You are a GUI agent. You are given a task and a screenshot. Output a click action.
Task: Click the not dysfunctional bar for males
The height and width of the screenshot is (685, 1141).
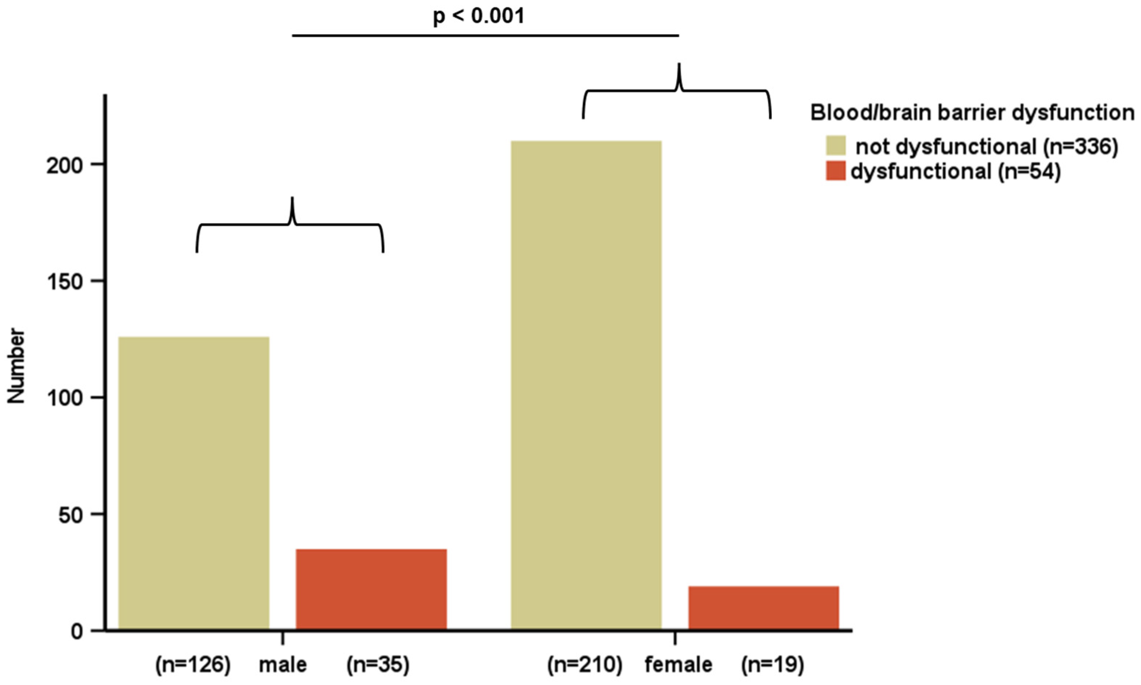coord(194,483)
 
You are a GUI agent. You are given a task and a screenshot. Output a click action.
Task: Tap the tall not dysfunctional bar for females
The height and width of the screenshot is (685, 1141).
coord(586,385)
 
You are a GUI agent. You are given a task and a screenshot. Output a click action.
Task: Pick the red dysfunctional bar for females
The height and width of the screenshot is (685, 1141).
coord(763,607)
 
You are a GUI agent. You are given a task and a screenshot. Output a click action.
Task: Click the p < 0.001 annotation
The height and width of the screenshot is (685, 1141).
coord(478,17)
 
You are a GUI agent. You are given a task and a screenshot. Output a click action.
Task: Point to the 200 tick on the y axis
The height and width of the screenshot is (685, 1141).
coord(70,166)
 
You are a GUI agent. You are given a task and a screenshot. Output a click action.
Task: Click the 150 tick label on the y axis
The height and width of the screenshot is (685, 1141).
coord(70,282)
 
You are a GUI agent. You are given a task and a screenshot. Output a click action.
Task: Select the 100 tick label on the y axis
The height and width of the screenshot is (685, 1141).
coord(70,398)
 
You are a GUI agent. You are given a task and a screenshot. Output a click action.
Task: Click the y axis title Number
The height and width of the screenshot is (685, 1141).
coord(17,365)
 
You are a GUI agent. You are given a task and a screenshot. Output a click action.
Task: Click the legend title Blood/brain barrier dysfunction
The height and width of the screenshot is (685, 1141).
coord(972,113)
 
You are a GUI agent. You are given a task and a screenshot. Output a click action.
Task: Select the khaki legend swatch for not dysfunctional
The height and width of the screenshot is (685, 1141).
coord(836,145)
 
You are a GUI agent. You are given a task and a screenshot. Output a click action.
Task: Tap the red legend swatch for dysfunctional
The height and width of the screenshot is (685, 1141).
coord(836,171)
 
